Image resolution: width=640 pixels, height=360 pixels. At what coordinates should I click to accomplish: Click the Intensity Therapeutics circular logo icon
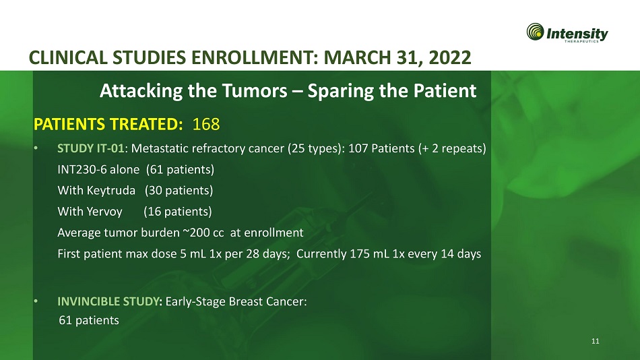click(535, 32)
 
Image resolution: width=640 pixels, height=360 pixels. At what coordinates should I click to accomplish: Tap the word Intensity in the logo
click(577, 34)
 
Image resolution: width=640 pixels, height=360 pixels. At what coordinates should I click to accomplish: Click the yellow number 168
click(205, 124)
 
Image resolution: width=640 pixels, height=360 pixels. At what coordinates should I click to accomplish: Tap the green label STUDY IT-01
click(91, 148)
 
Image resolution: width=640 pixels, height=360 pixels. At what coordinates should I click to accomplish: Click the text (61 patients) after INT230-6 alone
click(180, 170)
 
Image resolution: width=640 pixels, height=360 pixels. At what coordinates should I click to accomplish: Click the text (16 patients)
click(178, 211)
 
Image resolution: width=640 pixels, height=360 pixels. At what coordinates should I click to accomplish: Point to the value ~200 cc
click(203, 233)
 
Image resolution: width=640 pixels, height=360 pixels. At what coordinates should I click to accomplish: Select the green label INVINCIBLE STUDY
click(109, 301)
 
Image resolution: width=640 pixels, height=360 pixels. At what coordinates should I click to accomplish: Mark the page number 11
click(596, 341)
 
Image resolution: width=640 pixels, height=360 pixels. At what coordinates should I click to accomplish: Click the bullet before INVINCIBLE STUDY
click(36, 301)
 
